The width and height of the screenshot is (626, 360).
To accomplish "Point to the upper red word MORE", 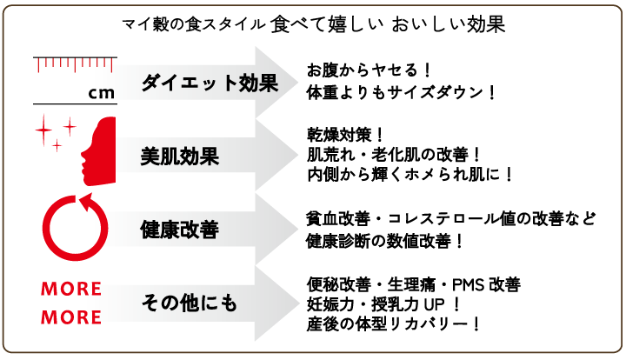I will pos(71,289).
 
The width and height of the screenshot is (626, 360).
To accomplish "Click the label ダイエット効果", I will pos(210,84).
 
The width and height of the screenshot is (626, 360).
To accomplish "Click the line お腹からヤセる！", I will pos(370,69).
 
